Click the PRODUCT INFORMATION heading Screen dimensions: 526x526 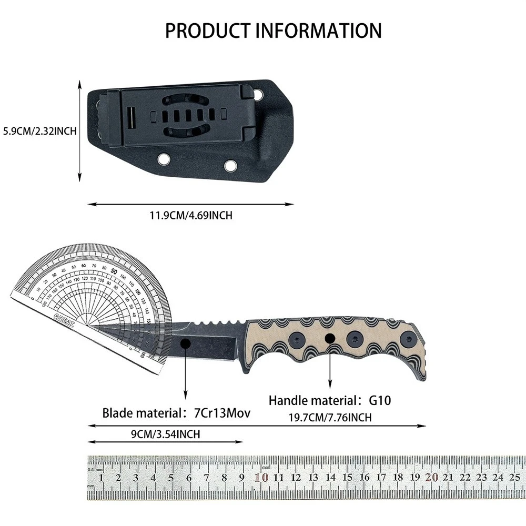[x=274, y=31]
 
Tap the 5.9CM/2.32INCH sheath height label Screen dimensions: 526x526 [x=40, y=131]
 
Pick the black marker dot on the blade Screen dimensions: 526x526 [x=185, y=343]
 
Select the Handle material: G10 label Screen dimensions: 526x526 [x=331, y=400]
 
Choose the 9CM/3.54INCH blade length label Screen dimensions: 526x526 [x=165, y=434]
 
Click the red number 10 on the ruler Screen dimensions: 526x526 [x=261, y=477]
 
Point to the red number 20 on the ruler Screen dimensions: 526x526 [x=432, y=477]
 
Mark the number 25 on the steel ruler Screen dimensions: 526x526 [x=514, y=477]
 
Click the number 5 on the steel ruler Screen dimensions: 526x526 [x=171, y=478]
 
